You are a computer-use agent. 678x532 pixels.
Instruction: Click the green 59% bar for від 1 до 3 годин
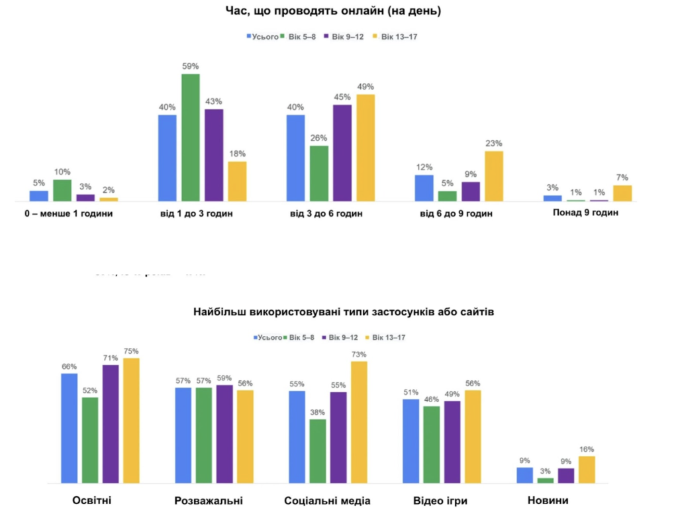[191, 137]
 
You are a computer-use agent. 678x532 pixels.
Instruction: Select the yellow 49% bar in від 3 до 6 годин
[365, 148]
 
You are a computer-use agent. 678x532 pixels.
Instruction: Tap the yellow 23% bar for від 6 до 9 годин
[494, 176]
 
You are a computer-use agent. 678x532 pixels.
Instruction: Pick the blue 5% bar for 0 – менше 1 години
[39, 196]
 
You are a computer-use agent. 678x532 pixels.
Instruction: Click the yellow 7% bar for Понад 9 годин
[622, 193]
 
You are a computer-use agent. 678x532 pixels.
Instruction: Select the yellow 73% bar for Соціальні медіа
[360, 422]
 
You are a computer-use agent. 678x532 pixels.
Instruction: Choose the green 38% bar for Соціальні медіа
[318, 451]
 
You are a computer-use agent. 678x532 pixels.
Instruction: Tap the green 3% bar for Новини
[546, 480]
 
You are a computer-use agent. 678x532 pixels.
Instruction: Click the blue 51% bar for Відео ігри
[411, 441]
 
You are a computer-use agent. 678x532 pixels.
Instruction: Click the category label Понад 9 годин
[585, 213]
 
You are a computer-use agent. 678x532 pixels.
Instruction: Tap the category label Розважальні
[209, 501]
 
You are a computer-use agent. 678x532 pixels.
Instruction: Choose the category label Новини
[548, 501]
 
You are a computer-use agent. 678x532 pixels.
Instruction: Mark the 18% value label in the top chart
[238, 154]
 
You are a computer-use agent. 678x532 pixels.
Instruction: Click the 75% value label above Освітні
[131, 351]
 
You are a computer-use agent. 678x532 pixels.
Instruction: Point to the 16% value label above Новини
[587, 449]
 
